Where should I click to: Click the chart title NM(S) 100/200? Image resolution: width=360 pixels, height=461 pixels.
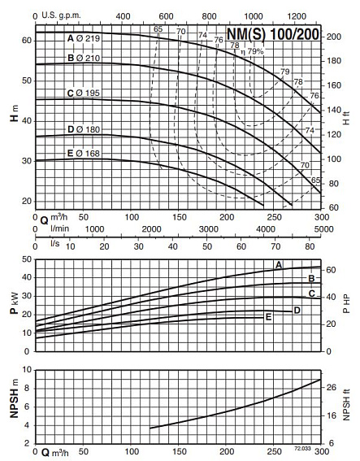click(x=272, y=36)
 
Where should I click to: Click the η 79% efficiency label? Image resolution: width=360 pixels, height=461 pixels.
click(x=254, y=51)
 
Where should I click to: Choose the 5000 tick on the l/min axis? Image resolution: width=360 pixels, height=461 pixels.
click(x=322, y=230)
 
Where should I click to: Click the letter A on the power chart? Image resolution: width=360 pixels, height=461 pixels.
click(x=279, y=265)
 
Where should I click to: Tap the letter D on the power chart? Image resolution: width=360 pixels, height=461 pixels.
click(x=297, y=310)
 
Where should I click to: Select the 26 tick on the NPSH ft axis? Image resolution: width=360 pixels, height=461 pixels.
click(x=332, y=388)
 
